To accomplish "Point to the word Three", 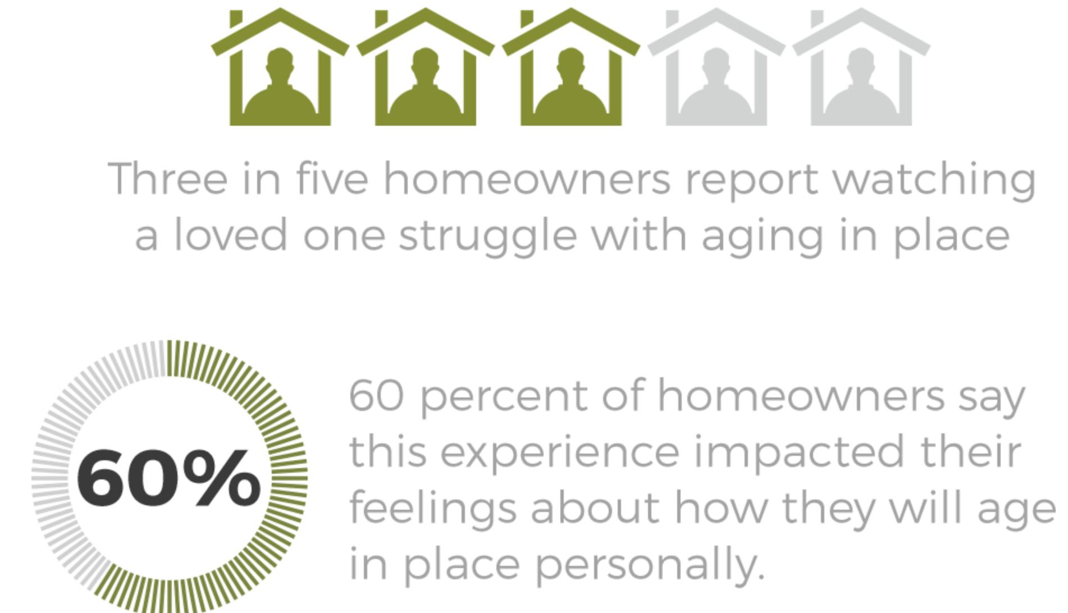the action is [168, 179].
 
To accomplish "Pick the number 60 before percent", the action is [377, 396].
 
